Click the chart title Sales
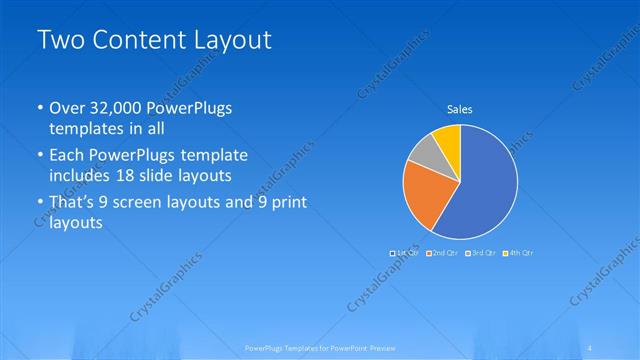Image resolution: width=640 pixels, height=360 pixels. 459,109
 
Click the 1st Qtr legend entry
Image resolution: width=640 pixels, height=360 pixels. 404,253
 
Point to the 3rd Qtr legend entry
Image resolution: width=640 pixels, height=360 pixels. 479,253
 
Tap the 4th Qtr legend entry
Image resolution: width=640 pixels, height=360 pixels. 517,253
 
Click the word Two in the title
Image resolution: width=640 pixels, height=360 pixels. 59,41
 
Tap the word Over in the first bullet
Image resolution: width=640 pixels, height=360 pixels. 66,109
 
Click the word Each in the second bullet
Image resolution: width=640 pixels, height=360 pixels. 68,157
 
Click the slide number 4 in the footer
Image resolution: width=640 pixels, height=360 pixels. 594,347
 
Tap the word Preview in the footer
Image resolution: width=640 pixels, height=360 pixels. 378,347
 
